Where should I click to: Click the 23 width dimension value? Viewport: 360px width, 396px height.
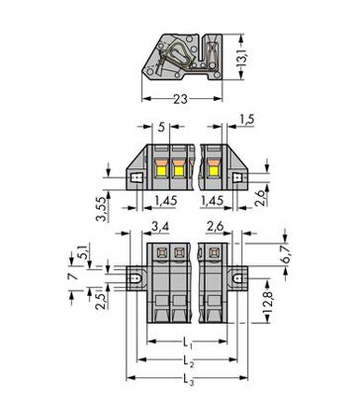tap(180, 99)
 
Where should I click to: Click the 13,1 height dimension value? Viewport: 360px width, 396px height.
tap(241, 57)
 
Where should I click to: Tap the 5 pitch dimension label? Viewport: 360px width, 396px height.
tap(161, 127)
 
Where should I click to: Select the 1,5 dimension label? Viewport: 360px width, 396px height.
tap(247, 120)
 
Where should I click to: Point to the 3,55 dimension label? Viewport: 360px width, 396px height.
tap(102, 209)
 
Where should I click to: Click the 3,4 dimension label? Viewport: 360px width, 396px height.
tap(160, 227)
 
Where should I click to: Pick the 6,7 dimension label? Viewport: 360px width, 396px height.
tap(286, 254)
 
